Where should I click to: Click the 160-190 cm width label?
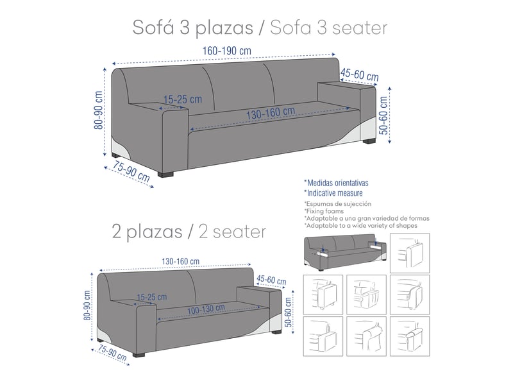point(227,51)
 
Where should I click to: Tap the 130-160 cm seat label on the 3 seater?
point(271,114)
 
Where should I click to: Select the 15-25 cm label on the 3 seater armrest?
point(183,99)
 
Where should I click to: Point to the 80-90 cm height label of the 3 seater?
point(99,110)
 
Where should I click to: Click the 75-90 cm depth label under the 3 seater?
point(131,171)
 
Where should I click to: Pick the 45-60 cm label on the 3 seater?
point(359,74)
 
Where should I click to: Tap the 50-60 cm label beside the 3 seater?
point(383,116)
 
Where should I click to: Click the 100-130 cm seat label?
point(206,309)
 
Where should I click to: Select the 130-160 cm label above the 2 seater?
point(181,261)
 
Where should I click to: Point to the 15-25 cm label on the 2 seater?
point(151,297)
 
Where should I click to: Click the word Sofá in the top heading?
point(153,28)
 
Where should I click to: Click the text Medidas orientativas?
point(336,183)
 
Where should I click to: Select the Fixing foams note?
point(324,211)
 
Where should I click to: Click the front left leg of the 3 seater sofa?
point(165,174)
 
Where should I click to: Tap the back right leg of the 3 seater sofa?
point(369,141)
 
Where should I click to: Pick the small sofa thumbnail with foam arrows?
point(345,252)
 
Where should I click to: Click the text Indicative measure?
point(333,193)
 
